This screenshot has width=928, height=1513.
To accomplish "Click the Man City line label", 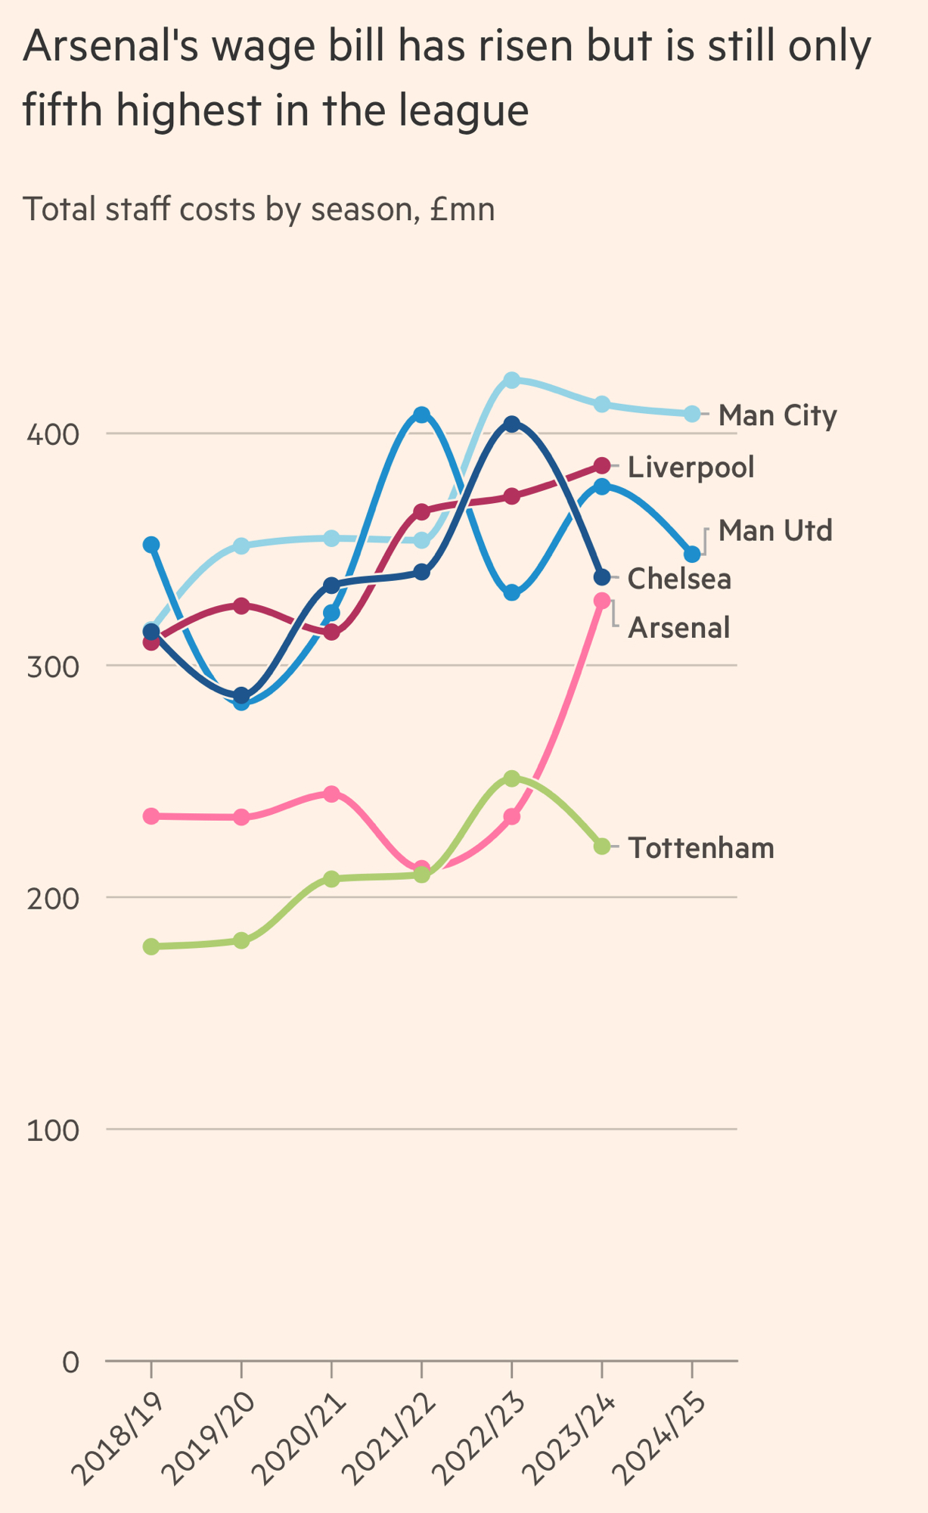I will pos(777,415).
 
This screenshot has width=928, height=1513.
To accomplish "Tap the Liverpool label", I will pos(691,467).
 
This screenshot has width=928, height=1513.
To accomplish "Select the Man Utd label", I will pos(775,530).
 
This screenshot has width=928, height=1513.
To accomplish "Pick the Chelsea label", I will pos(679,579).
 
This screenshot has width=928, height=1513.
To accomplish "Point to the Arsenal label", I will pos(678,627).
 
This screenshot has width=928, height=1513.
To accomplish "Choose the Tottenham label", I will pos(701,848).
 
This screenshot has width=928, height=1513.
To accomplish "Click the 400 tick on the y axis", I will pos(53,434).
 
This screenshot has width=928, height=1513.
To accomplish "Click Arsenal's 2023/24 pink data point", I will pos(602,601).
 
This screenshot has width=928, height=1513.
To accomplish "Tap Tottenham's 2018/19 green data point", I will pos(151,946).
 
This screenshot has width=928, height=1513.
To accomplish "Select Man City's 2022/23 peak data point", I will pos(512,380).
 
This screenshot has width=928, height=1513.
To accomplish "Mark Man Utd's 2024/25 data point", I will pos(692,555).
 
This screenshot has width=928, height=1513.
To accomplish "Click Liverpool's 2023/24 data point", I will pos(602,465).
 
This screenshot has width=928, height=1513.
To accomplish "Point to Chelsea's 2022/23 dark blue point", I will pos(512,424).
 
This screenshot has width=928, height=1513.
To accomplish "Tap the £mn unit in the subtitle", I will pos(461,210).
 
